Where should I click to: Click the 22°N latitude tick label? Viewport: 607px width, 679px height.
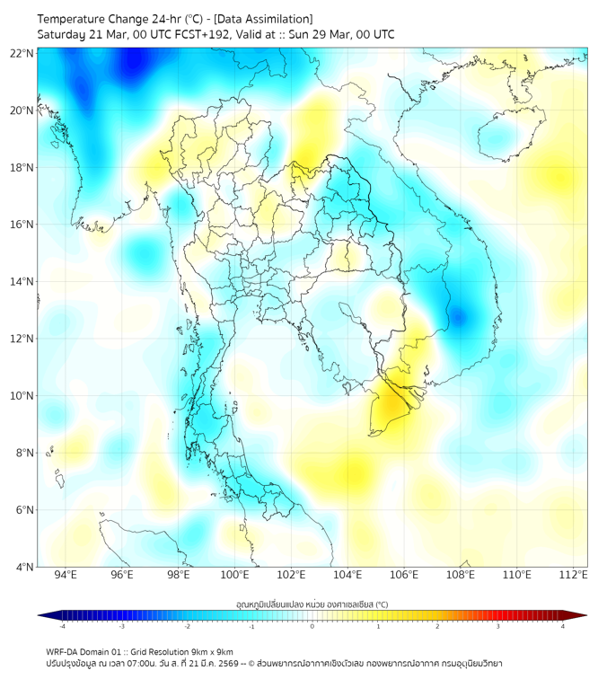[x=22, y=53]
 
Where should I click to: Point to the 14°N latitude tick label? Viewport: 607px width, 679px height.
[x=22, y=281]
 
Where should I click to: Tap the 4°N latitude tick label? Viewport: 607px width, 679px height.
[x=25, y=567]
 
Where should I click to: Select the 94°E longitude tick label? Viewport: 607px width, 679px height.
[x=66, y=575]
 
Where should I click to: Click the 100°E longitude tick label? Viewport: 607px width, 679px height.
[x=234, y=575]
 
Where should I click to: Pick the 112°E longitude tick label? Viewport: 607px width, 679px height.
[x=573, y=575]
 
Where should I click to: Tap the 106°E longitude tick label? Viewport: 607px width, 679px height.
[x=404, y=575]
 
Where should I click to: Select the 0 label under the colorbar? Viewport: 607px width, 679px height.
[x=312, y=626]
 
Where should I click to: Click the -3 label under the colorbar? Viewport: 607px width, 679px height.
[x=121, y=626]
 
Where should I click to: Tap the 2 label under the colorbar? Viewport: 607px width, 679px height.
[x=437, y=626]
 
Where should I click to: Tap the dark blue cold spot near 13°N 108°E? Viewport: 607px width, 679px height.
[x=459, y=316]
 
